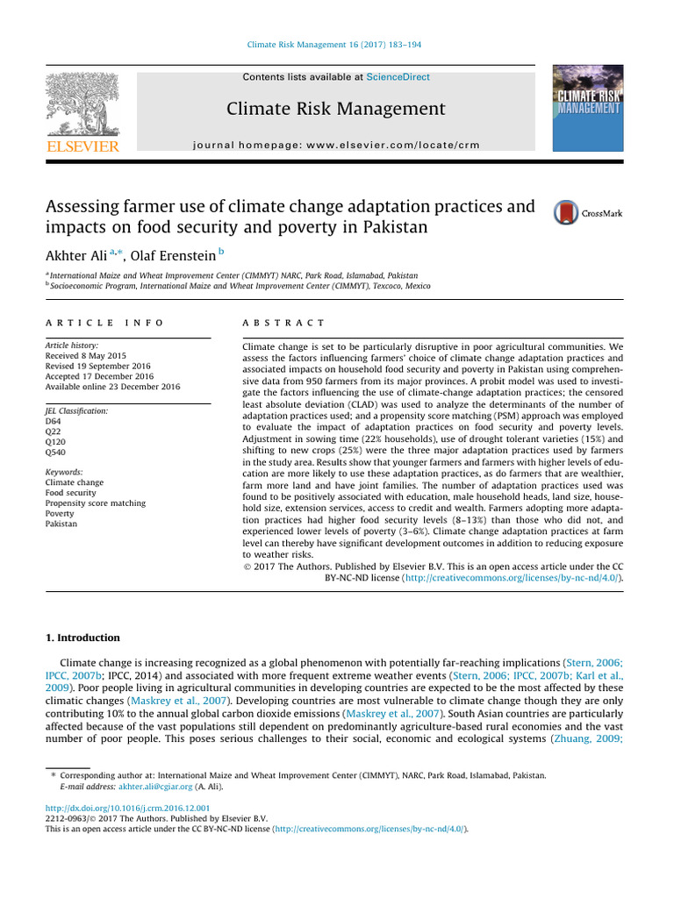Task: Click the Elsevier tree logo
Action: point(83,105)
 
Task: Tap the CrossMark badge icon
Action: point(566,213)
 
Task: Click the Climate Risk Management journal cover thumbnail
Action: point(586,107)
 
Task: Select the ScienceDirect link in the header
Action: point(398,77)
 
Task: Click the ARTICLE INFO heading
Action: point(104,324)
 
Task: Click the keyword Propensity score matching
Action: point(95,503)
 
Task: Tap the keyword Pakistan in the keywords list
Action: point(61,524)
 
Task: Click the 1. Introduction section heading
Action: point(82,638)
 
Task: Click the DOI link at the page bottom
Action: point(127,807)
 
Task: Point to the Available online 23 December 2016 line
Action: point(112,387)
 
